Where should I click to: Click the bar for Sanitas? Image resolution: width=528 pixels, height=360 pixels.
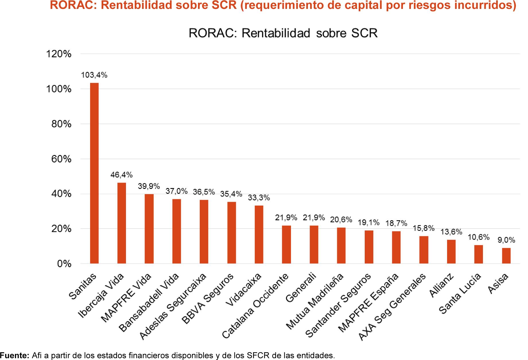click(94, 173)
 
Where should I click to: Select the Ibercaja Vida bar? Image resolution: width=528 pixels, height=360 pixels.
click(122, 223)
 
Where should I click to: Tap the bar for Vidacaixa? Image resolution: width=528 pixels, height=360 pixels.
click(259, 235)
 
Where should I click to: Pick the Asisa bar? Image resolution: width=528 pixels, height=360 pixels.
click(506, 256)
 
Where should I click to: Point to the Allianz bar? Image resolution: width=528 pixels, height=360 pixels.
click(451, 252)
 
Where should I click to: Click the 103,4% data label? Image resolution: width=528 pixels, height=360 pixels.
click(94, 75)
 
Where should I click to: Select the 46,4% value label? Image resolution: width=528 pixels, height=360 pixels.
click(121, 175)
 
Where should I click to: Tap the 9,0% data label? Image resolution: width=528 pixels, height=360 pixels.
click(506, 240)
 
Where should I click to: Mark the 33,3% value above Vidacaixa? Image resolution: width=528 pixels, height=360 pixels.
click(259, 198)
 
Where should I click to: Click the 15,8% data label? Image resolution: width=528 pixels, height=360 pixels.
click(424, 229)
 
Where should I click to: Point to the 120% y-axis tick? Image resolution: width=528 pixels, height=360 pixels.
click(59, 54)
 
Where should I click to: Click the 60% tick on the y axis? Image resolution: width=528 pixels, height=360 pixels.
click(61, 159)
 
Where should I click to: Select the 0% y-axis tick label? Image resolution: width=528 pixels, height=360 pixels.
click(64, 264)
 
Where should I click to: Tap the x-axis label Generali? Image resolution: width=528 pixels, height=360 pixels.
click(300, 288)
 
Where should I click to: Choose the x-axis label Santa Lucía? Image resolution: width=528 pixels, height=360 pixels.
click(460, 294)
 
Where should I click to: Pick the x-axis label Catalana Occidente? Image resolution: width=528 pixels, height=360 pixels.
click(255, 306)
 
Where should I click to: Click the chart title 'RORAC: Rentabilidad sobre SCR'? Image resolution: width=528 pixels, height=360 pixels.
click(283, 33)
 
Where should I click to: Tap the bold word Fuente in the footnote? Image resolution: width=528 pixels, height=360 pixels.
click(14, 355)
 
